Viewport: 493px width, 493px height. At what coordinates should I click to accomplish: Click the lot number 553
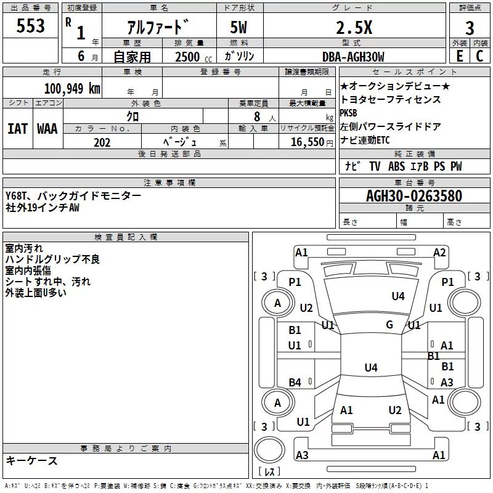coord(30,25)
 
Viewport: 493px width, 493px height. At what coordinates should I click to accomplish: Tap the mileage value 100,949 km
coord(72,89)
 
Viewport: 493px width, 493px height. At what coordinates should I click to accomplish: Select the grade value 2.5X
coord(354,27)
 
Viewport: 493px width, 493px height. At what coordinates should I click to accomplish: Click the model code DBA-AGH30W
coord(353,57)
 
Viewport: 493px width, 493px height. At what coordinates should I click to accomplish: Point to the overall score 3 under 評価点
coord(470,28)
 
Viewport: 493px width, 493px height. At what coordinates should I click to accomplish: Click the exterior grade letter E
coord(459,56)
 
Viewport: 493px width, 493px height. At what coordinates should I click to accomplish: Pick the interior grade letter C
coord(479,56)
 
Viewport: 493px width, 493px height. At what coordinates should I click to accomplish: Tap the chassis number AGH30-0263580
coord(414,196)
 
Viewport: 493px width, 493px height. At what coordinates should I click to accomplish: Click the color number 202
coord(102,142)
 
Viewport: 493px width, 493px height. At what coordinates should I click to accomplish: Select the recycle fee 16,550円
coord(312,142)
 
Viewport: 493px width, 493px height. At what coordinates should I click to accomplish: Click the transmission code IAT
coord(18,129)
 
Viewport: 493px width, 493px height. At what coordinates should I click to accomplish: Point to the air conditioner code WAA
coord(47,129)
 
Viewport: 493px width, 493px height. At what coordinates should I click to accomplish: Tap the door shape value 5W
coord(238,27)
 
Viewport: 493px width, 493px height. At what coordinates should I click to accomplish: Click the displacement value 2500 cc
coord(194,57)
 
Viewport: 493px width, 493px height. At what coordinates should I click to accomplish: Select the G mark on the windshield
coord(389,324)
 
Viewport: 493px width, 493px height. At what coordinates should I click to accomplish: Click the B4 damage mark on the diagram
coord(295,382)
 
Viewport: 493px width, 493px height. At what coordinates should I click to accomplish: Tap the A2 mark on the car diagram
coord(439,253)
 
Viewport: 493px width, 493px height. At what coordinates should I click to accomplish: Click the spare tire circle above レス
coord(269,450)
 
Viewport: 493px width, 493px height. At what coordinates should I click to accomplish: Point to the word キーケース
coord(31,460)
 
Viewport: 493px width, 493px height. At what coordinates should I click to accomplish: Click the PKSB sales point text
coord(348,113)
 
